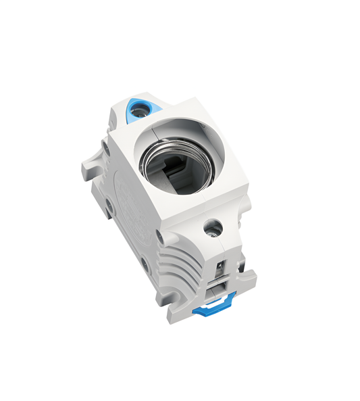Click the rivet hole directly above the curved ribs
[159, 235]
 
